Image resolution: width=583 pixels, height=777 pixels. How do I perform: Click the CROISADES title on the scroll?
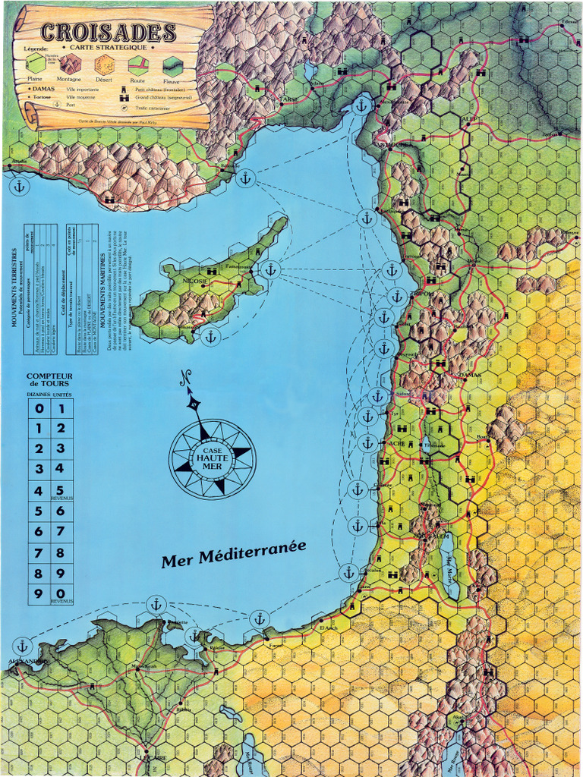click(x=108, y=32)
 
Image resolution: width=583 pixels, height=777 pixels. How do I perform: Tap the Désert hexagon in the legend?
click(x=104, y=65)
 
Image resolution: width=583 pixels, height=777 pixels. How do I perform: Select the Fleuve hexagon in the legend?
click(x=172, y=65)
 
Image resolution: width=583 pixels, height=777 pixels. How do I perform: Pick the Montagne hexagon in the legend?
click(x=69, y=65)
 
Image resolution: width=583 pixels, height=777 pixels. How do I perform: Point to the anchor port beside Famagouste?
click(x=269, y=269)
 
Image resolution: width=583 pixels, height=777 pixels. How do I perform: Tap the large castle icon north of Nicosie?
click(x=211, y=270)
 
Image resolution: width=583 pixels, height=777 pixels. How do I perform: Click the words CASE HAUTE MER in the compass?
click(x=212, y=458)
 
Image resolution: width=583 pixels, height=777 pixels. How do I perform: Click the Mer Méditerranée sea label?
click(x=233, y=552)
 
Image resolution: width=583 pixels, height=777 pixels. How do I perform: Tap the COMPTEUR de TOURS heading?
click(x=49, y=380)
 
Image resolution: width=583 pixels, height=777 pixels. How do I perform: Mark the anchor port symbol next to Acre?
click(x=368, y=442)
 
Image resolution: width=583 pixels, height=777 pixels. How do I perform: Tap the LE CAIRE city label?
click(x=153, y=757)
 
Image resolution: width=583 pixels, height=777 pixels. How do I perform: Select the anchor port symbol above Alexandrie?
click(x=22, y=646)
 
